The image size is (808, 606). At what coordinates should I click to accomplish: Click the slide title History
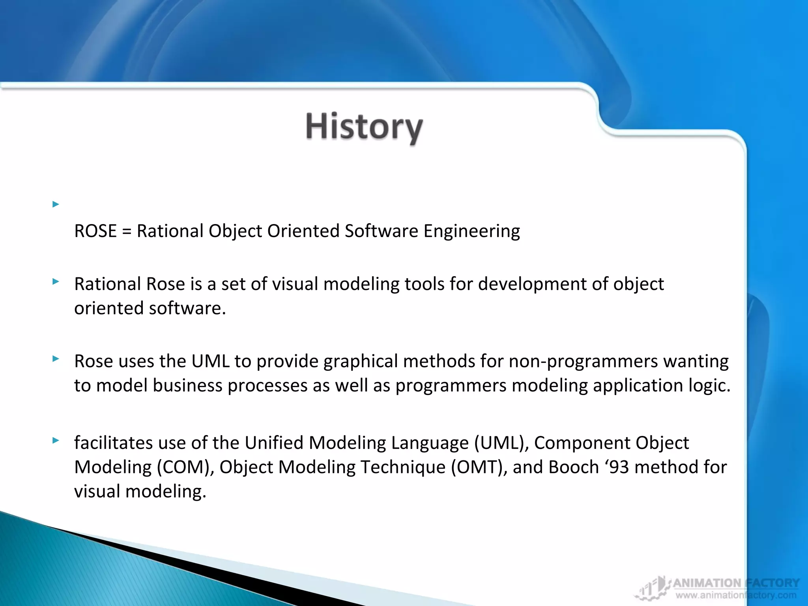(364, 127)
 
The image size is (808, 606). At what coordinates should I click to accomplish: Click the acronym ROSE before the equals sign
(95, 231)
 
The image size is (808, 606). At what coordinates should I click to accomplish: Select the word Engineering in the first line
(471, 231)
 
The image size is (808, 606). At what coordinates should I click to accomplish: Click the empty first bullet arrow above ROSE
(56, 204)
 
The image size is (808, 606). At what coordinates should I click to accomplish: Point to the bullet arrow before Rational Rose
(56, 282)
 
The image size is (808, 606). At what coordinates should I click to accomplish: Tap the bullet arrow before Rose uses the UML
(56, 359)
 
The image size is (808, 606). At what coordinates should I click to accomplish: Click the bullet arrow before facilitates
(56, 440)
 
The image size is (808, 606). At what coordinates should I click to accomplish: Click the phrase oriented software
(150, 308)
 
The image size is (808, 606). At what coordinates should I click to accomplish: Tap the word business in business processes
(187, 385)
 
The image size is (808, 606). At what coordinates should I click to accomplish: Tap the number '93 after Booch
(617, 467)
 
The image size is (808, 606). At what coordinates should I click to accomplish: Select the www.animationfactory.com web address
(735, 595)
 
